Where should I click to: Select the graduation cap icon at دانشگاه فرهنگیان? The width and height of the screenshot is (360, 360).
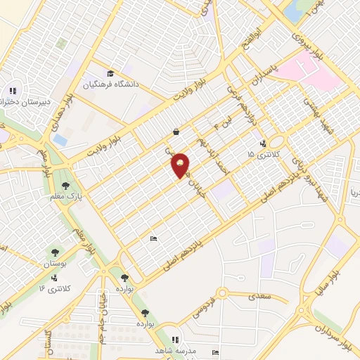click(110, 74)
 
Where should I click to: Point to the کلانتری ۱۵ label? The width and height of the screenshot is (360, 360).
click(264, 154)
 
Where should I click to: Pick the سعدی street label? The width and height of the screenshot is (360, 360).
click(259, 297)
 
